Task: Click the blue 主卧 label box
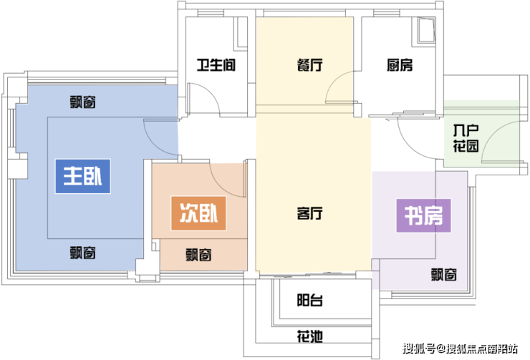tap(83, 176)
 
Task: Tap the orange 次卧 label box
tap(198, 213)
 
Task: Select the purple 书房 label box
tap(423, 216)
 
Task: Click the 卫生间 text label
tap(216, 65)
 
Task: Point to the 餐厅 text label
tap(309, 65)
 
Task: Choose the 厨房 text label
tap(400, 65)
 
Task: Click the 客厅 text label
tap(309, 213)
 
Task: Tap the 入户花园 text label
tap(466, 138)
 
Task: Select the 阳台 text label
tap(309, 300)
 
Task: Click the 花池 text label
tap(309, 336)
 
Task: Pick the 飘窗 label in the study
tap(444, 275)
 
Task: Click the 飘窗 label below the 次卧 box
tap(199, 255)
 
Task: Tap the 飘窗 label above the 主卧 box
tap(83, 102)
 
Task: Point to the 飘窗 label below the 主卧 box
tap(83, 253)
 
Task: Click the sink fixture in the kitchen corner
tap(426, 30)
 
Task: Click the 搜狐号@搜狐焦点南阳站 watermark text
tap(460, 348)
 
